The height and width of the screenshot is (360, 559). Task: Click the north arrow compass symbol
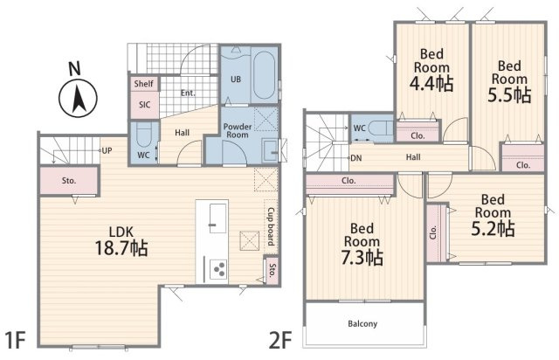pyautogui.click(x=78, y=98)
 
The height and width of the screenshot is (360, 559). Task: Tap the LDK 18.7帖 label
pyautogui.click(x=121, y=241)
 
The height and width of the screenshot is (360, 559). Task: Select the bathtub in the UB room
pyautogui.click(x=264, y=75)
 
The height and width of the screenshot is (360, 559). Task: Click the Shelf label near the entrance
pyautogui.click(x=143, y=84)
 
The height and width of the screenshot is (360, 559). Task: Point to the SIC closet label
pyautogui.click(x=144, y=105)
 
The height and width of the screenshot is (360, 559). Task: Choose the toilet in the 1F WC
pyautogui.click(x=144, y=135)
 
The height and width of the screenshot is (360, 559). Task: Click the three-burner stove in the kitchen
pyautogui.click(x=218, y=268)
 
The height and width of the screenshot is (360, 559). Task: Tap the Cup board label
pyautogui.click(x=271, y=226)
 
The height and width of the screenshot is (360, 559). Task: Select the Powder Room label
pyautogui.click(x=238, y=130)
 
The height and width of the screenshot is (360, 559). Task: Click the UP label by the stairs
pyautogui.click(x=107, y=150)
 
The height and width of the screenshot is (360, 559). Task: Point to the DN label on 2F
pyautogui.click(x=356, y=157)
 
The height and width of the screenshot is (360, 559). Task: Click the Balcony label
pyautogui.click(x=362, y=323)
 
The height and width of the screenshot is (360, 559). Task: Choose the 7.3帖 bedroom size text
pyautogui.click(x=362, y=258)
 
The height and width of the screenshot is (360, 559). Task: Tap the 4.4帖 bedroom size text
pyautogui.click(x=431, y=84)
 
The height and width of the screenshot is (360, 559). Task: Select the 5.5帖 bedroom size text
pyautogui.click(x=509, y=95)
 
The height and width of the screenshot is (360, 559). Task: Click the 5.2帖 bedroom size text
pyautogui.click(x=493, y=229)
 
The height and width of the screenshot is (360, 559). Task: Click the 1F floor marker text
pyautogui.click(x=16, y=340)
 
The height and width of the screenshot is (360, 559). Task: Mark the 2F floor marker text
pyautogui.click(x=280, y=340)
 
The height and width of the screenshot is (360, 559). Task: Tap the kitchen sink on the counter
pyautogui.click(x=217, y=218)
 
